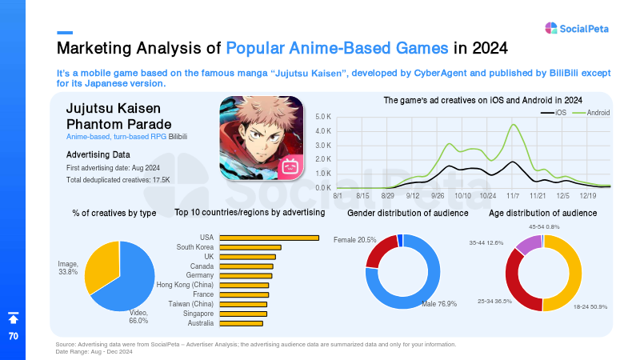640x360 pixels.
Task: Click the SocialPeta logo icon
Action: point(551,28)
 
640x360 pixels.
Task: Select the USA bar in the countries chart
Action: point(270,238)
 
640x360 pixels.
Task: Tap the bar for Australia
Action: point(242,323)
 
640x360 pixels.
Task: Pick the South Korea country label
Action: point(194,247)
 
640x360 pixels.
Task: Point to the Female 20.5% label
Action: point(354,240)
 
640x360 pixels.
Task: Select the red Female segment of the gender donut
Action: point(381,249)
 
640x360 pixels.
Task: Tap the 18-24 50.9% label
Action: point(590,306)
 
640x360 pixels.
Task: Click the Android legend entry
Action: point(591,113)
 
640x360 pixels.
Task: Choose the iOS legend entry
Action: point(554,113)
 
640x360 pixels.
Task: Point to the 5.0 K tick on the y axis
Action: point(323,117)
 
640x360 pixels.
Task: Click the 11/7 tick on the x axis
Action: point(513,196)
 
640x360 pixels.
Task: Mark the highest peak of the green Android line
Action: point(514,125)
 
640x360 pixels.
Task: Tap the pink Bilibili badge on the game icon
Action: point(290,166)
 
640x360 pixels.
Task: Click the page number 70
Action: point(14,336)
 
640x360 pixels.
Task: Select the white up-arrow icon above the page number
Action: point(14,318)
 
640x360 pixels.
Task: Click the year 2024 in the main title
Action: point(490,48)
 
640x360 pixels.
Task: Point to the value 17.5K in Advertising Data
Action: point(162,180)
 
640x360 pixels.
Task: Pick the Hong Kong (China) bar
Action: point(244,286)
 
